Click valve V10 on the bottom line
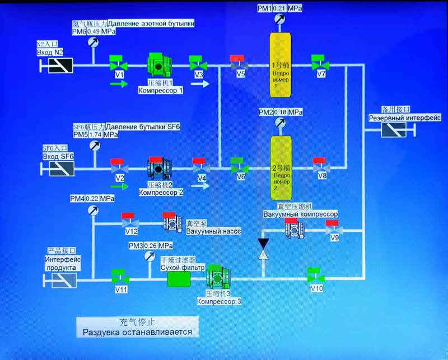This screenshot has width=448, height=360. [315, 277]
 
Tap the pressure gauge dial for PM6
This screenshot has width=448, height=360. [94, 43]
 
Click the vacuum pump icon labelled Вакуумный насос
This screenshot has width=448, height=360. [174, 223]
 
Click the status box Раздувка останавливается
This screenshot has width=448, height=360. [138, 327]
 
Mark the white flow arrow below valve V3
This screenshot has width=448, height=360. [199, 84]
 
